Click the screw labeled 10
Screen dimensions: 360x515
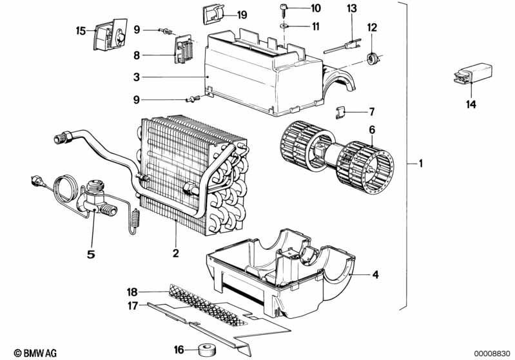pos(283,8)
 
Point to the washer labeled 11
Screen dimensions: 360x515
pos(284,26)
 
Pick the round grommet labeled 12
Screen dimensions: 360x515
pos(372,59)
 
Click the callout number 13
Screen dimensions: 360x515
pos(351,8)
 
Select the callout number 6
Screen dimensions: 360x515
pos(372,129)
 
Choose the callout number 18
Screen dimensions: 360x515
pos(133,292)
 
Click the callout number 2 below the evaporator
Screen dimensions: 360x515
pos(175,252)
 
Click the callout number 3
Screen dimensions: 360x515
pos(137,77)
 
